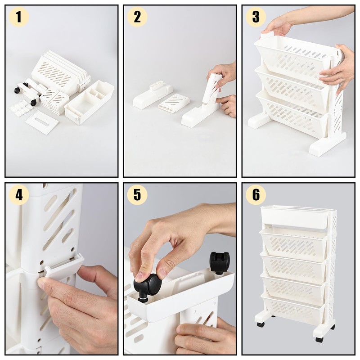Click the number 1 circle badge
point(18,18)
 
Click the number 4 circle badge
point(18,195)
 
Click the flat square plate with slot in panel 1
point(41,121)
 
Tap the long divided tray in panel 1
point(89,103)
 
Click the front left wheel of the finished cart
point(261,324)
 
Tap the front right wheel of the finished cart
point(319,339)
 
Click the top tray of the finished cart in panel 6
point(297,217)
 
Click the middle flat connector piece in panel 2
point(175,102)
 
